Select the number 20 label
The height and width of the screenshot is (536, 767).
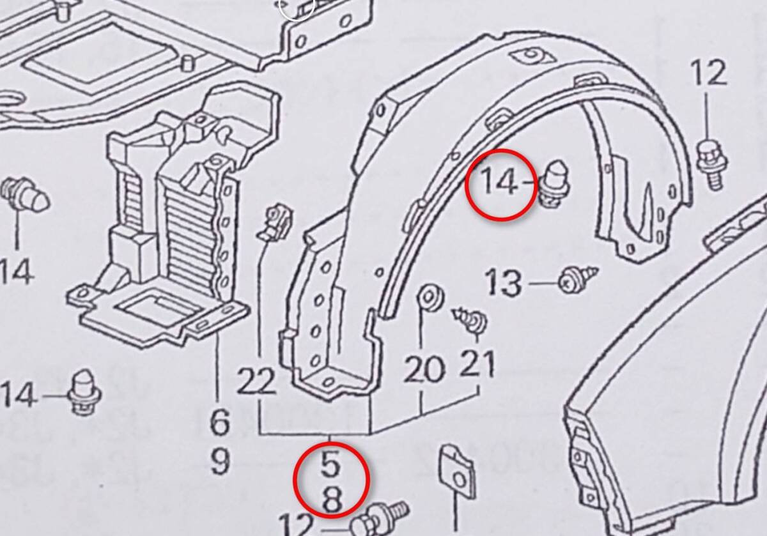423,369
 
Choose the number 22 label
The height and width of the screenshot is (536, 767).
256,382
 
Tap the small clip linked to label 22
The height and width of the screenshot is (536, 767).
275,220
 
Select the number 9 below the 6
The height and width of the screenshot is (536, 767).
219,461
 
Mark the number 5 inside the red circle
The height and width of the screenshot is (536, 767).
330,464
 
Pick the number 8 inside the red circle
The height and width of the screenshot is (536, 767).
331,500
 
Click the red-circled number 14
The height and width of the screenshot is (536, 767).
498,183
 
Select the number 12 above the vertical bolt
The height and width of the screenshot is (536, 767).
709,73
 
